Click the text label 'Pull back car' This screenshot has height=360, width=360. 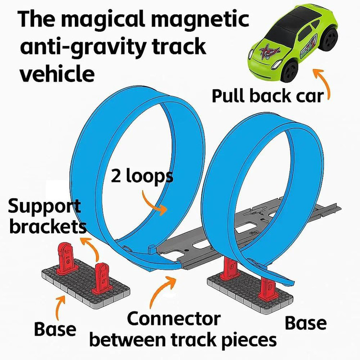coord(268,96)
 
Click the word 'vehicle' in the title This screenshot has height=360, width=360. coord(57,73)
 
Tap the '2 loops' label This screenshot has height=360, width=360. coord(142,176)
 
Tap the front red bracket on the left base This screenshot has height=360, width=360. coord(101,278)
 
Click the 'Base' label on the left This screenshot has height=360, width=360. coord(55,329)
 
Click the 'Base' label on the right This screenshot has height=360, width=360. coord(306,323)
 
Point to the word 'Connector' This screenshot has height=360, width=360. coord(174,319)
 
